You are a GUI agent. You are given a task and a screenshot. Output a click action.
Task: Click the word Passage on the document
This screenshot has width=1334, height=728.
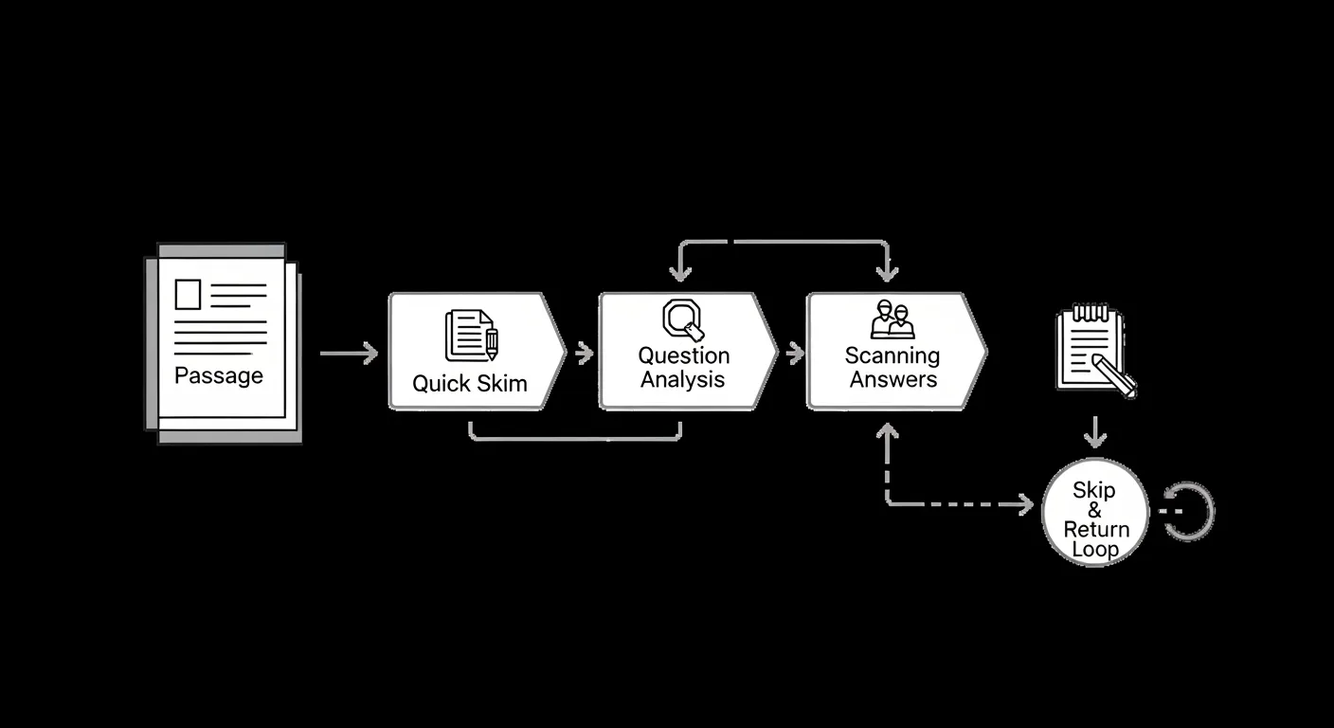219,376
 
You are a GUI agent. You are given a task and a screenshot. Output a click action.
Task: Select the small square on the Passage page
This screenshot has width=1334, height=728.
188,294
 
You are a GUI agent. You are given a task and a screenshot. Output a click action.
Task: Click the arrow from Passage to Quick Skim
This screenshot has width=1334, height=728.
349,354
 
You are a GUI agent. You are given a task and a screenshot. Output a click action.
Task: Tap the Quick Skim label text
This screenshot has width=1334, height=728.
470,384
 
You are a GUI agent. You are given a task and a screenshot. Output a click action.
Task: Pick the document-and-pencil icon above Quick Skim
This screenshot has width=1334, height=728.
472,335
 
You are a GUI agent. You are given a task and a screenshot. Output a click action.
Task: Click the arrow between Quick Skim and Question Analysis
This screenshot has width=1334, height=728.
585,354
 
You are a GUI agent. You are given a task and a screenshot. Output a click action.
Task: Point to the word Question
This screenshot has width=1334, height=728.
684,356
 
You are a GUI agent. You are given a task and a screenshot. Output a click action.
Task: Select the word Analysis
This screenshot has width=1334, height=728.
682,379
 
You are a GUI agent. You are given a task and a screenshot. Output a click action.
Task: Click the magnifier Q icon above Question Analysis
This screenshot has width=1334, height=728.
683,319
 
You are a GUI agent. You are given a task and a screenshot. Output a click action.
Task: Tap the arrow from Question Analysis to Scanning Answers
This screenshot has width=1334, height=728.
795,354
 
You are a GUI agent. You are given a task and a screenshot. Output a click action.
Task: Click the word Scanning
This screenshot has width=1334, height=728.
892,356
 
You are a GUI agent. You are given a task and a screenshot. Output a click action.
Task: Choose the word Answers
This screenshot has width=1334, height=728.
893,379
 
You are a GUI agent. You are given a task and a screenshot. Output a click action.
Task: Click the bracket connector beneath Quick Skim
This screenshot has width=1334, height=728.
575,440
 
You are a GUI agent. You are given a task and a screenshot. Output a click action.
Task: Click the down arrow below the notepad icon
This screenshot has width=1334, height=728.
1095,432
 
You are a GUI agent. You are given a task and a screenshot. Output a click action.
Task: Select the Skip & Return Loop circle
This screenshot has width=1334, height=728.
1095,512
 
